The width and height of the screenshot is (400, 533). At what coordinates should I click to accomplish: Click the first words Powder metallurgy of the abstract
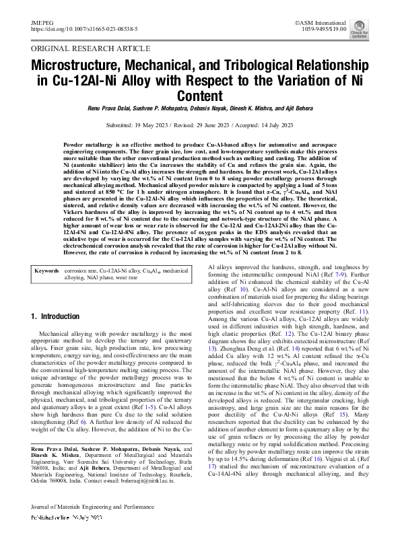(x=91, y=145)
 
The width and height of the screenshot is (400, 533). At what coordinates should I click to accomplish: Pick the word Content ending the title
(x=200, y=96)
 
